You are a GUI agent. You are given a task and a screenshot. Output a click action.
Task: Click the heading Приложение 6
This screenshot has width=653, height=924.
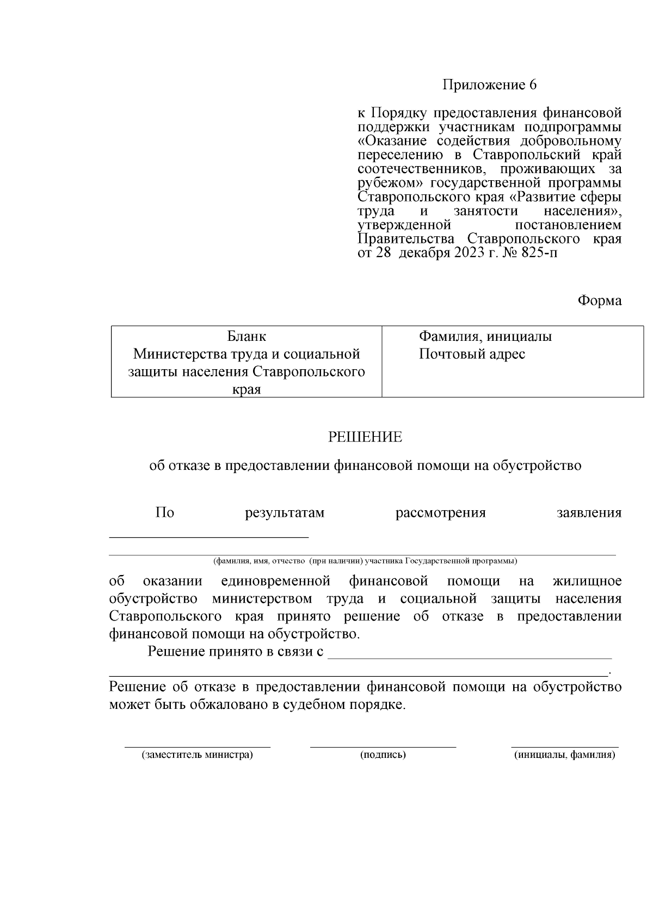[x=489, y=85]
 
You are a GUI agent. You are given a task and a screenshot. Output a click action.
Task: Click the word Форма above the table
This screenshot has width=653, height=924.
[x=599, y=301]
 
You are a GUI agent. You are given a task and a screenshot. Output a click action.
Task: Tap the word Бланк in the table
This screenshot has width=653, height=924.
[x=247, y=336]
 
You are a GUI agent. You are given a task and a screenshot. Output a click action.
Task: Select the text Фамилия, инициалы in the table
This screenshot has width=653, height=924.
[x=485, y=336]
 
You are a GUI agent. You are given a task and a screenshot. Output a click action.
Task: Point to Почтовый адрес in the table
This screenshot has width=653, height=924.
[x=472, y=354]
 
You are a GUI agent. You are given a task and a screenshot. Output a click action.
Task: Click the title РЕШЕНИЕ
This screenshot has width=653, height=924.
[x=365, y=437]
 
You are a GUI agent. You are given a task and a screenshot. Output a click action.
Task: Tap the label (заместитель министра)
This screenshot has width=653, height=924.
[x=198, y=755]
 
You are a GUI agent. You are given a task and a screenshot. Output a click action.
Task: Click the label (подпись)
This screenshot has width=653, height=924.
[x=383, y=755]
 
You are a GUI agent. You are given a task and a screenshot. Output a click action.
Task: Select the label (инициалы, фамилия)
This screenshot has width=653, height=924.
[x=565, y=755]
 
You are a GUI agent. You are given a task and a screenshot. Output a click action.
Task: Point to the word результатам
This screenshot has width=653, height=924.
[x=285, y=513]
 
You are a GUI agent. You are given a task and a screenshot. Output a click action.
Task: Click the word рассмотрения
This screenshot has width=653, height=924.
[x=440, y=513]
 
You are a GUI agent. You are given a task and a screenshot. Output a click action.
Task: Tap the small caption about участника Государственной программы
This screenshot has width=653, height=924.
[x=365, y=561]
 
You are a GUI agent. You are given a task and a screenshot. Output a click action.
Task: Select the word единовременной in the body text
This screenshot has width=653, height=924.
[x=276, y=581]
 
